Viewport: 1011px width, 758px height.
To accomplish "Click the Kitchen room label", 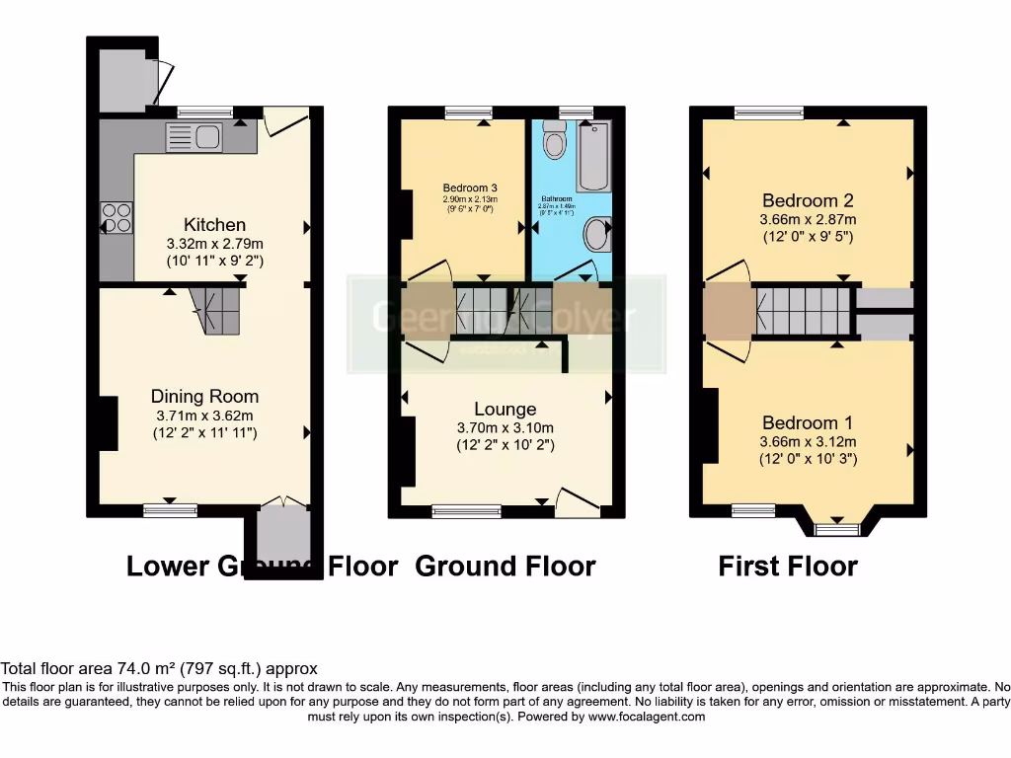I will (x=214, y=225).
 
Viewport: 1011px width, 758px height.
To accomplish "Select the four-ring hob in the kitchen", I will (x=117, y=217).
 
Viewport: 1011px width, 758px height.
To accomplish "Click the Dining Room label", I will (x=205, y=397).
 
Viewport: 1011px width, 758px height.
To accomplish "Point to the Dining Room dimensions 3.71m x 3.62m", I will (x=205, y=416).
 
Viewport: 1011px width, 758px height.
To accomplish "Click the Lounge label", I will (x=505, y=409).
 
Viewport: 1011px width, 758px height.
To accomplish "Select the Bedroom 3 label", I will (x=469, y=188).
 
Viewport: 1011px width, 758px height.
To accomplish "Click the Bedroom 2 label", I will (x=808, y=200).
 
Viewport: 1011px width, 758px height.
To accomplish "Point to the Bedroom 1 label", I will (x=808, y=422).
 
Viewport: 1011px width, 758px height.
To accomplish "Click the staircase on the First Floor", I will (x=803, y=311).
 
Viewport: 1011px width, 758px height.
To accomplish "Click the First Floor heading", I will (x=787, y=567).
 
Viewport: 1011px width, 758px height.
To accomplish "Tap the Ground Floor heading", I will (x=505, y=567).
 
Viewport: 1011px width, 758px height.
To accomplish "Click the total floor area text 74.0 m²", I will (x=158, y=668).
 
